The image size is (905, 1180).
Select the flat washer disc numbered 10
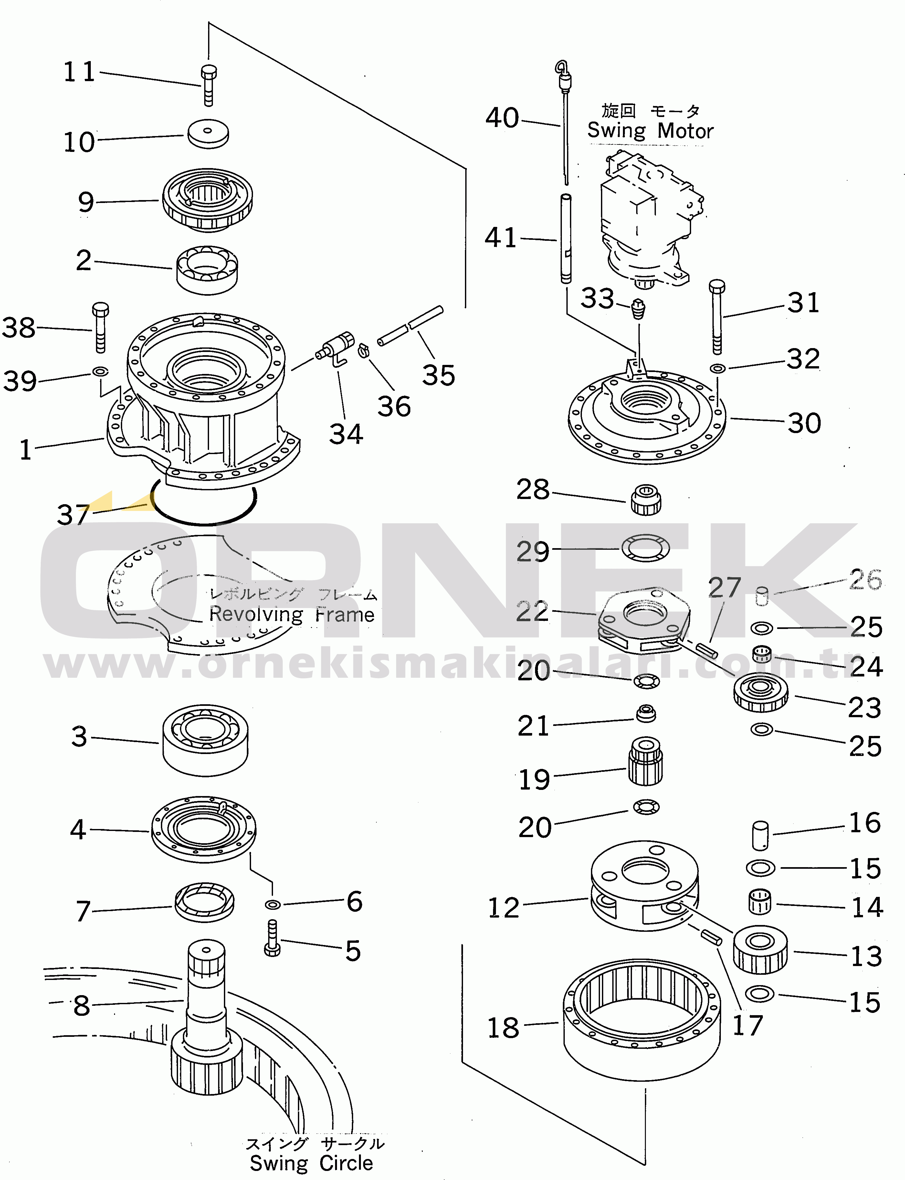(x=208, y=133)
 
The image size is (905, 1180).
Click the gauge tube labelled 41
(x=566, y=238)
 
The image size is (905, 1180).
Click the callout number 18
(x=503, y=1028)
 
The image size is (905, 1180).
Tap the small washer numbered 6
(x=273, y=904)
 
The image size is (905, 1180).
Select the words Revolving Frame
(x=291, y=614)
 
